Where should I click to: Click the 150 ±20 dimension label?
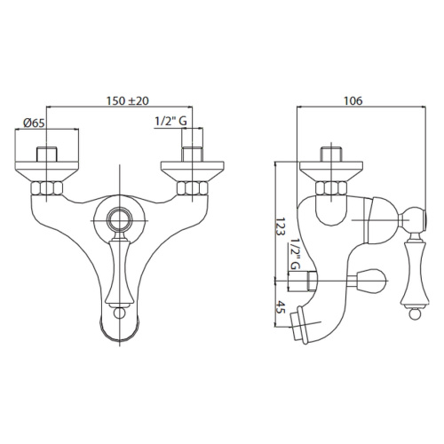(x=128, y=101)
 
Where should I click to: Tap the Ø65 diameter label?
(x=34, y=123)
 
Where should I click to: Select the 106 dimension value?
(x=353, y=101)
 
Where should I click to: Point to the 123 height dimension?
(x=281, y=226)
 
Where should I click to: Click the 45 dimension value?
(x=281, y=307)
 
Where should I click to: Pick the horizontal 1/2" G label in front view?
(x=170, y=121)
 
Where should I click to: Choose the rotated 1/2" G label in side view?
(x=295, y=254)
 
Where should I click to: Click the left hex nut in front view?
(x=46, y=188)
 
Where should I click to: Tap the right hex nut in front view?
(x=193, y=188)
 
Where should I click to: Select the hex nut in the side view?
(x=331, y=188)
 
